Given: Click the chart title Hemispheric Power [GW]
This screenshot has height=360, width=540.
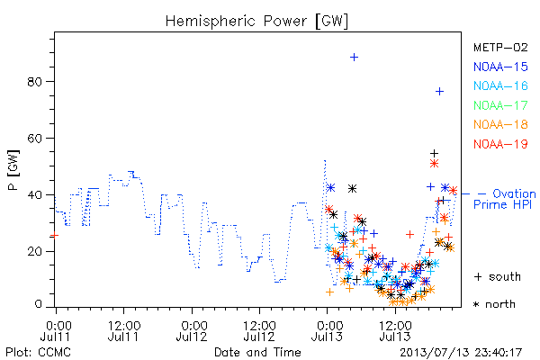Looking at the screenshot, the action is (256, 21).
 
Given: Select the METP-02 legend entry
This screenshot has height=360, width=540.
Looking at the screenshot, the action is (500, 47).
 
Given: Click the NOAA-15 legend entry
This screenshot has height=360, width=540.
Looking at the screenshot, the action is (500, 67).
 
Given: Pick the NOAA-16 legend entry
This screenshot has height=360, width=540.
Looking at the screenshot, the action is (500, 85).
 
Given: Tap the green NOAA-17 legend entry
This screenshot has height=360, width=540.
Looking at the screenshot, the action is (500, 105).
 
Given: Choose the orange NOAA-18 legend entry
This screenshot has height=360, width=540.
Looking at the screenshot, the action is (500, 124).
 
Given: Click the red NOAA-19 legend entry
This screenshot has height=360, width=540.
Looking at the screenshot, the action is (500, 144).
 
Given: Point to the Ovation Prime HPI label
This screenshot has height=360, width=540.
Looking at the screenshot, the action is (505, 199).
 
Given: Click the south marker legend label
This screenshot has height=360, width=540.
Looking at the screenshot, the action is (498, 276).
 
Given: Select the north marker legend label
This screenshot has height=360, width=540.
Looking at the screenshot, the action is (494, 304).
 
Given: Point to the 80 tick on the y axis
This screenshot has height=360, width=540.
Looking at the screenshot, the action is (34, 82).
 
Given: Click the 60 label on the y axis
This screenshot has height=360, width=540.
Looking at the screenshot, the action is (34, 138).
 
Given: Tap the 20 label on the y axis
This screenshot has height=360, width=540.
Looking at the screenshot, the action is (34, 251).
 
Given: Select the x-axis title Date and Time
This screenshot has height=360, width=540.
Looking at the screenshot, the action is (257, 352).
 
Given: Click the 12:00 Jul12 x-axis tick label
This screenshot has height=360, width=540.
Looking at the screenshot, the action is (259, 330).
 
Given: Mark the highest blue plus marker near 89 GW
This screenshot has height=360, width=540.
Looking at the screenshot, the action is (354, 58).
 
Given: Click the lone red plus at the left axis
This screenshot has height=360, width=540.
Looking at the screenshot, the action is (54, 235).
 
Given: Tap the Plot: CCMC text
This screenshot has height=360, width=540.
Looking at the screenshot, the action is (38, 353).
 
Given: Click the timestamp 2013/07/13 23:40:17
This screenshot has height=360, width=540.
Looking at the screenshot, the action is (461, 353).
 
